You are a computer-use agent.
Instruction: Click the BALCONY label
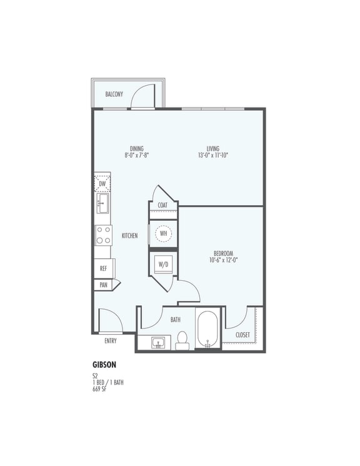pyautogui.click(x=114, y=94)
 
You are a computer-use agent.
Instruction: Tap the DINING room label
pyautogui.click(x=136, y=149)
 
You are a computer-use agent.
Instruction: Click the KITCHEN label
pyautogui.click(x=129, y=236)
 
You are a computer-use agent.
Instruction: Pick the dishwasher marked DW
pyautogui.click(x=102, y=184)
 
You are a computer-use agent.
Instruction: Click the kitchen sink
pyautogui.click(x=102, y=203)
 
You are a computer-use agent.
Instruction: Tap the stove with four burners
pyautogui.click(x=103, y=235)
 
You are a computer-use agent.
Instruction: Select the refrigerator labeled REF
pyautogui.click(x=103, y=268)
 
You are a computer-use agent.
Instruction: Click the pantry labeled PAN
pyautogui.click(x=103, y=285)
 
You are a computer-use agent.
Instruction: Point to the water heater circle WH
pyautogui.click(x=164, y=234)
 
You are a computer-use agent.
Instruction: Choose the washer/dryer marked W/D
pyautogui.click(x=164, y=265)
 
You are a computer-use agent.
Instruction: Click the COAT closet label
pyautogui.click(x=162, y=205)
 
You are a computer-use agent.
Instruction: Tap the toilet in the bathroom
pyautogui.click(x=182, y=340)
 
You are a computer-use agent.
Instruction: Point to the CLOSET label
pyautogui.click(x=242, y=335)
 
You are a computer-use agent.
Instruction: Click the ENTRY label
pyautogui.click(x=110, y=341)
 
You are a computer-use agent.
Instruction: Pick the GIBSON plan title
pyautogui.click(x=104, y=363)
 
